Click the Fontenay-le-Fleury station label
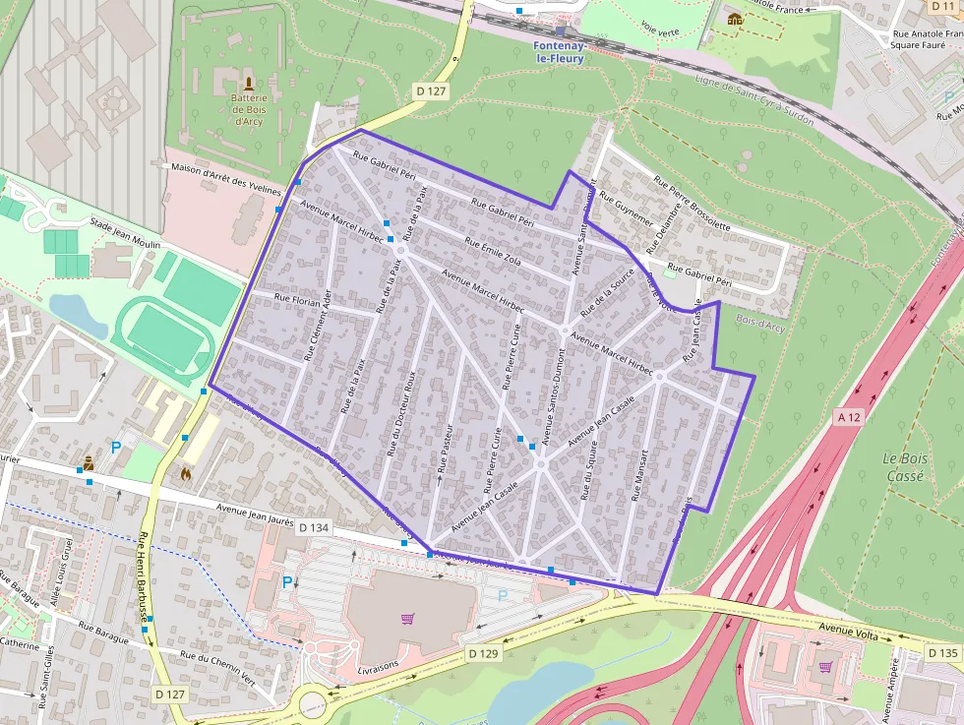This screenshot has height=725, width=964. (x=559, y=52)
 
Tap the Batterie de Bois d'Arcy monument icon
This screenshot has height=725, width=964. (x=248, y=84)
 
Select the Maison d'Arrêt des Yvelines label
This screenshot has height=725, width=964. (x=225, y=178)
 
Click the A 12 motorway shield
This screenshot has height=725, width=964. (x=848, y=417)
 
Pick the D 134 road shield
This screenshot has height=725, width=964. (x=313, y=528)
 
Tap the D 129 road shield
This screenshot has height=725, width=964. (x=483, y=653)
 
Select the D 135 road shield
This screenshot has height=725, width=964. (x=942, y=652)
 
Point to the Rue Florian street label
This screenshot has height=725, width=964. (x=297, y=298)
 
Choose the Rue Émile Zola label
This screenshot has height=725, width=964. (x=493, y=253)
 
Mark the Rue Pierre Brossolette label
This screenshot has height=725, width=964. (x=693, y=204)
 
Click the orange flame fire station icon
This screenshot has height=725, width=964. (x=186, y=473)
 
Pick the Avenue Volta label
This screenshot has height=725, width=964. (x=848, y=635)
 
